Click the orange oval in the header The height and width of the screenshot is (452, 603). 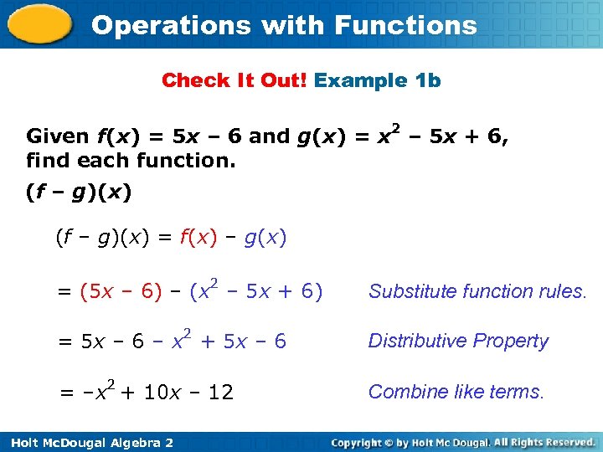point(40,25)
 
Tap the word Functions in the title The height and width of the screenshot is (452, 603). point(405,25)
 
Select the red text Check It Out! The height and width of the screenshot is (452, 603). point(234,80)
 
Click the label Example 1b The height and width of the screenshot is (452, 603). point(378,80)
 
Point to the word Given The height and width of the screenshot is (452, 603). point(58,136)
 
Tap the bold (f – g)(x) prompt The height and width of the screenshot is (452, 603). point(79,193)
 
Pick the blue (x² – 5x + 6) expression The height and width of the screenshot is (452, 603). point(255,291)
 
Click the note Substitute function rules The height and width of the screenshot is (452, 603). point(478,291)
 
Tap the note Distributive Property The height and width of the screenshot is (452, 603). point(458,341)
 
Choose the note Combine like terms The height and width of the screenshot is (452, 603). point(456,391)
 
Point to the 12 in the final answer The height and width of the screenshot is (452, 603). point(221,392)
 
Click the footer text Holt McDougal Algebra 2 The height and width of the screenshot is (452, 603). point(87,441)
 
